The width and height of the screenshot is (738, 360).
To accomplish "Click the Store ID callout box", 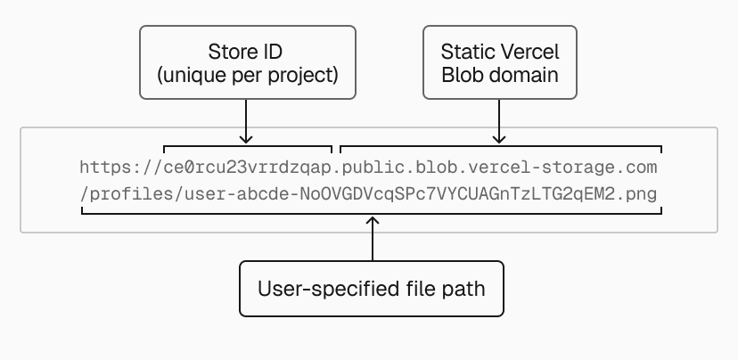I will coord(247,61).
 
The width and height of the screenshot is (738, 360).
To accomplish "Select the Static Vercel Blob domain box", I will coord(500,61).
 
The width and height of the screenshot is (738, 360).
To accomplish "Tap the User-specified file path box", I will coord(373,289).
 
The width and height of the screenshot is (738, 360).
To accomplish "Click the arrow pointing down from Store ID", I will coord(247,121).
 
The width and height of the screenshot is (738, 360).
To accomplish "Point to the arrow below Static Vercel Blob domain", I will coord(500,121).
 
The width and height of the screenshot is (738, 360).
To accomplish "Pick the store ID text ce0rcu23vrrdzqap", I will coord(248,168).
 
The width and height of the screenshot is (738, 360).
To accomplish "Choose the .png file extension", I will coord(645,192).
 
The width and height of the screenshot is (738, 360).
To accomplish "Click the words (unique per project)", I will coord(247,75).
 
